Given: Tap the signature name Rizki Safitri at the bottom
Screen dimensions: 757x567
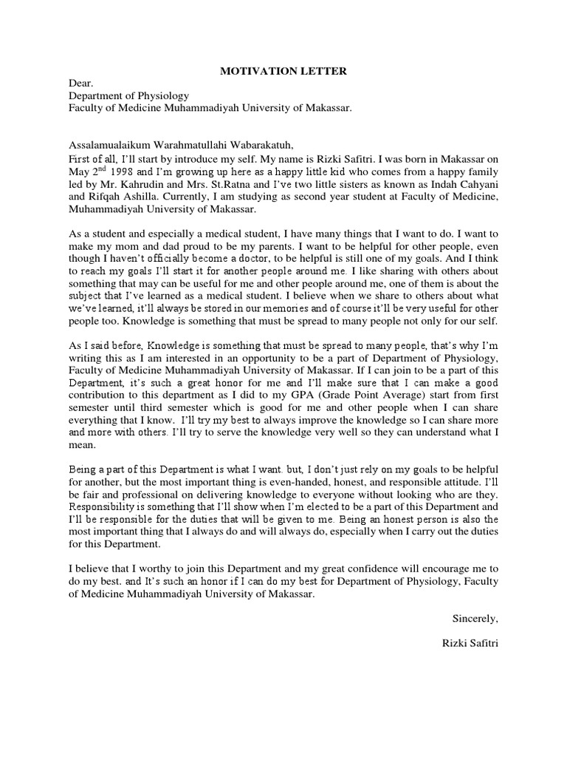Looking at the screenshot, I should pyautogui.click(x=467, y=644).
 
